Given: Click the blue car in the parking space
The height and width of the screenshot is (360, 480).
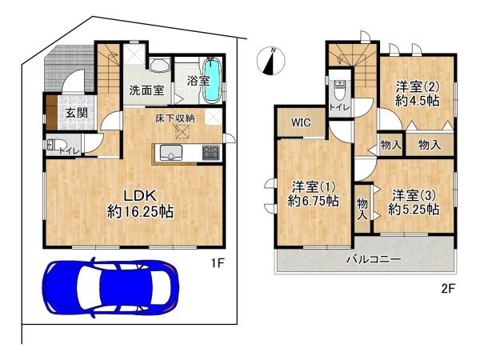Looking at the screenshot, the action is pyautogui.click(x=110, y=288).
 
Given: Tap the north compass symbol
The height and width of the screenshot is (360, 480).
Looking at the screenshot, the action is pyautogui.click(x=271, y=61).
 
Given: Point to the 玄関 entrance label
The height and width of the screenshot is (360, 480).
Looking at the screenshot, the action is pyautogui.click(x=77, y=113).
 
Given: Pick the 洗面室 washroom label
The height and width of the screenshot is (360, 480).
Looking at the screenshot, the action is pyautogui.click(x=146, y=90).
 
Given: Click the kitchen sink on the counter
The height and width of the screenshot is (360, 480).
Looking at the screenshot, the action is pyautogui.click(x=171, y=153).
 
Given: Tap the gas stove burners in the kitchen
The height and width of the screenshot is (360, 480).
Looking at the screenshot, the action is pyautogui.click(x=211, y=152).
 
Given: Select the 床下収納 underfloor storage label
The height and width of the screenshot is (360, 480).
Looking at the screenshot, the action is pyautogui.click(x=174, y=118).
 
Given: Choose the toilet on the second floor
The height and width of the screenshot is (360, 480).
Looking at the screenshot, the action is pyautogui.click(x=339, y=90).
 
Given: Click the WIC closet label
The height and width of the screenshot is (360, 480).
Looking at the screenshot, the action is pyautogui.click(x=301, y=122).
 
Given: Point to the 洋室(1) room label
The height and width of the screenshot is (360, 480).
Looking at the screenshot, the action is pyautogui.click(x=314, y=186).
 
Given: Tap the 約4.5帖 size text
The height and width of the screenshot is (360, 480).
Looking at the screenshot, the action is pyautogui.click(x=418, y=101).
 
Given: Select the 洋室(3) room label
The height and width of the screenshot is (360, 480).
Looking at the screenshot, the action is pyautogui.click(x=414, y=195).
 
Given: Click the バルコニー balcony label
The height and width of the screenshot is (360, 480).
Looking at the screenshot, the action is pyautogui.click(x=374, y=259).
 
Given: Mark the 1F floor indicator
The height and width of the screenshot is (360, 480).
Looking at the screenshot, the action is pyautogui.click(x=218, y=262).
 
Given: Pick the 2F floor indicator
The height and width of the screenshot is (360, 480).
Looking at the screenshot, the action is pyautogui.click(x=449, y=289).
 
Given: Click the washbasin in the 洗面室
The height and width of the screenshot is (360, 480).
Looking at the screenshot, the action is pyautogui.click(x=160, y=66).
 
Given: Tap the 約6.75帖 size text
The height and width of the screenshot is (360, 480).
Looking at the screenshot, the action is pyautogui.click(x=313, y=201).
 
